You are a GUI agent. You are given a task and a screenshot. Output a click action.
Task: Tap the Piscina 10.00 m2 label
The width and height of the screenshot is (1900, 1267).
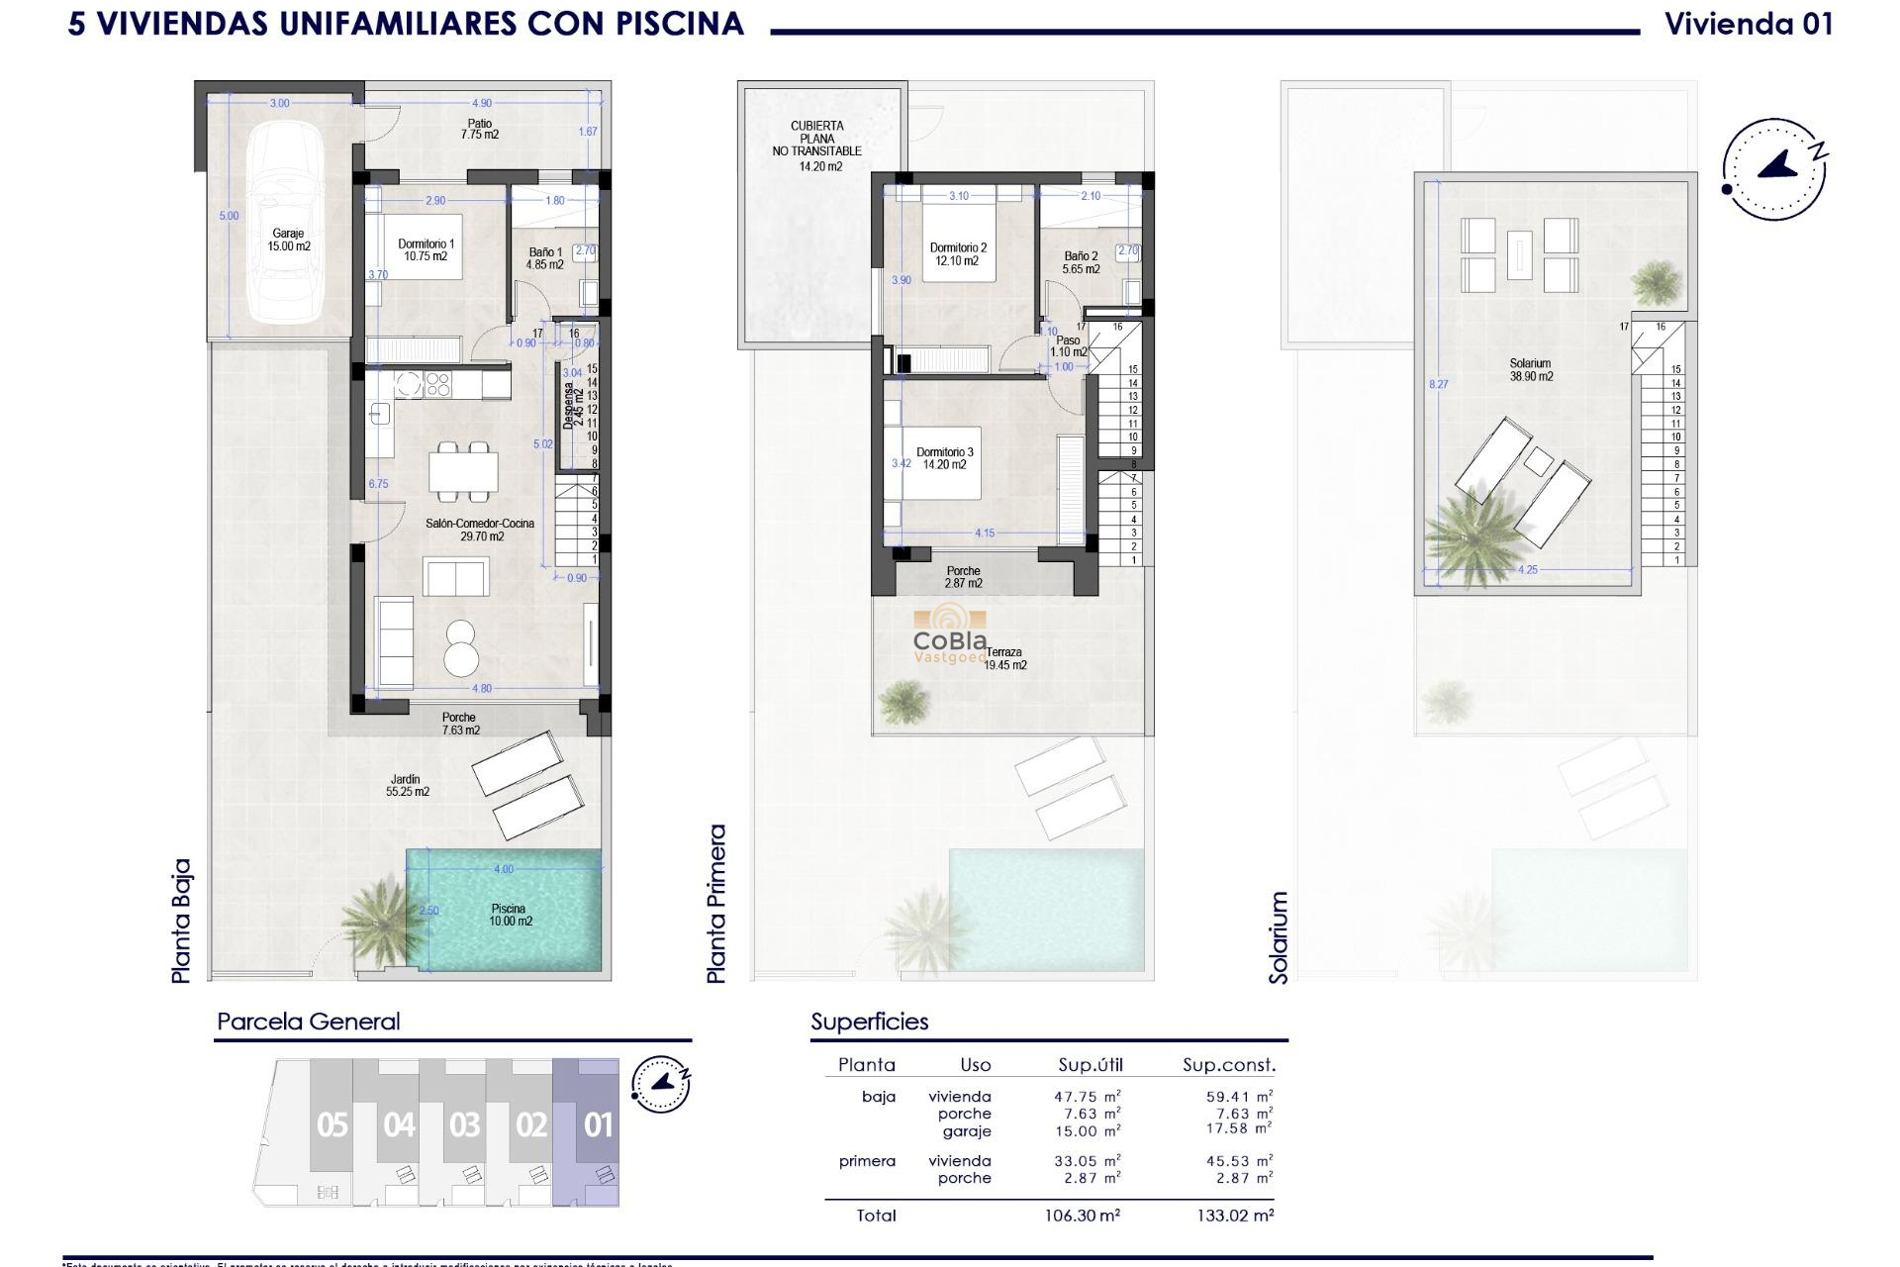(x=510, y=915)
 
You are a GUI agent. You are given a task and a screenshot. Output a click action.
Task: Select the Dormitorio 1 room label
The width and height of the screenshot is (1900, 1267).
(x=426, y=249)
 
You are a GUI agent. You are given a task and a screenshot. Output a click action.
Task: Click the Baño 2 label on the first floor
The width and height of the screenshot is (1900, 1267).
(x=1081, y=262)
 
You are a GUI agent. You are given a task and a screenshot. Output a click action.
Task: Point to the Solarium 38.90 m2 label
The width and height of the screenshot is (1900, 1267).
(x=1530, y=370)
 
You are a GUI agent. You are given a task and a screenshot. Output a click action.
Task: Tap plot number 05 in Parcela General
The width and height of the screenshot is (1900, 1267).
(x=332, y=1125)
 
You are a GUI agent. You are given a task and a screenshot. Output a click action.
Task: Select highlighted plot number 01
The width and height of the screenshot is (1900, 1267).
(x=598, y=1125)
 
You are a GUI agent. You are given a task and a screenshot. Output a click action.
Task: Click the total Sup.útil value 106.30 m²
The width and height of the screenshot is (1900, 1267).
(x=1082, y=1216)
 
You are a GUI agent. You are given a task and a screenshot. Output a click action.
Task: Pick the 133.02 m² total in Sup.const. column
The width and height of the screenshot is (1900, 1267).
(x=1234, y=1216)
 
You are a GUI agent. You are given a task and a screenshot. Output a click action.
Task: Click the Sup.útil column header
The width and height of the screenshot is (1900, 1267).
(x=1090, y=1065)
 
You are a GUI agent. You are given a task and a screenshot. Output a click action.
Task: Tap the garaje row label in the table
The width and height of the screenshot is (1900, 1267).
(x=966, y=1131)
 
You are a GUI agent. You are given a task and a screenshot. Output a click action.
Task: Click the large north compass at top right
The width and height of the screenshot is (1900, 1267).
(x=1774, y=169)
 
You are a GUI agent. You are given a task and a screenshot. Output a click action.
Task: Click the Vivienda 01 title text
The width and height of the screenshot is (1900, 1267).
(x=1748, y=24)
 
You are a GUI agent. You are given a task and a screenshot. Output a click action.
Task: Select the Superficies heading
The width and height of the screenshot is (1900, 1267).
(x=869, y=1022)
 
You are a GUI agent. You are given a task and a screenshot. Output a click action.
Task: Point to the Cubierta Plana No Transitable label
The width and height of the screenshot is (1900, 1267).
(x=817, y=146)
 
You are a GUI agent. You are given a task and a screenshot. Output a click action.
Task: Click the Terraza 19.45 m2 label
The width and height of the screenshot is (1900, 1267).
(x=1004, y=658)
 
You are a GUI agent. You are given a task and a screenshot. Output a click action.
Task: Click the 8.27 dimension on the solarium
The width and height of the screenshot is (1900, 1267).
(x=1438, y=384)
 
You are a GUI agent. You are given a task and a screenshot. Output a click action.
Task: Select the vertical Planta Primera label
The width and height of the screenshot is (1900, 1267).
(x=716, y=903)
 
